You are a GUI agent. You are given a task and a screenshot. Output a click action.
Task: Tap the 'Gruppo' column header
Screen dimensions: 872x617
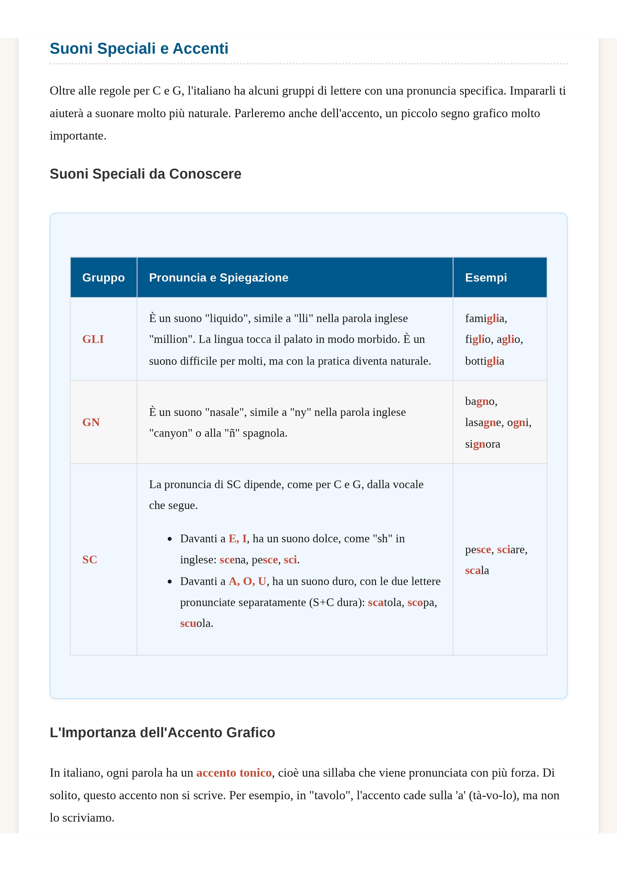[x=103, y=278]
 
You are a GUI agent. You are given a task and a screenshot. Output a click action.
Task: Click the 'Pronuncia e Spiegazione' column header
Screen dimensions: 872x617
[x=219, y=278]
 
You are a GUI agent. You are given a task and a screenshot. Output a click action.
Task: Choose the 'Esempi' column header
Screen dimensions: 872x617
[x=486, y=278]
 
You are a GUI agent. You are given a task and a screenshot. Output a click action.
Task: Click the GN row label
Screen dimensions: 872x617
[x=91, y=422]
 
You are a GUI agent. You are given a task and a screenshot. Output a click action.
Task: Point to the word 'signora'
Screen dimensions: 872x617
[x=482, y=444]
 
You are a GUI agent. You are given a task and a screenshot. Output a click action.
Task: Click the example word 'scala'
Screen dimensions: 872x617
[x=477, y=570]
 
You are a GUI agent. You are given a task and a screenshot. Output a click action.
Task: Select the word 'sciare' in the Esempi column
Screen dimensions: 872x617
[x=511, y=549]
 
